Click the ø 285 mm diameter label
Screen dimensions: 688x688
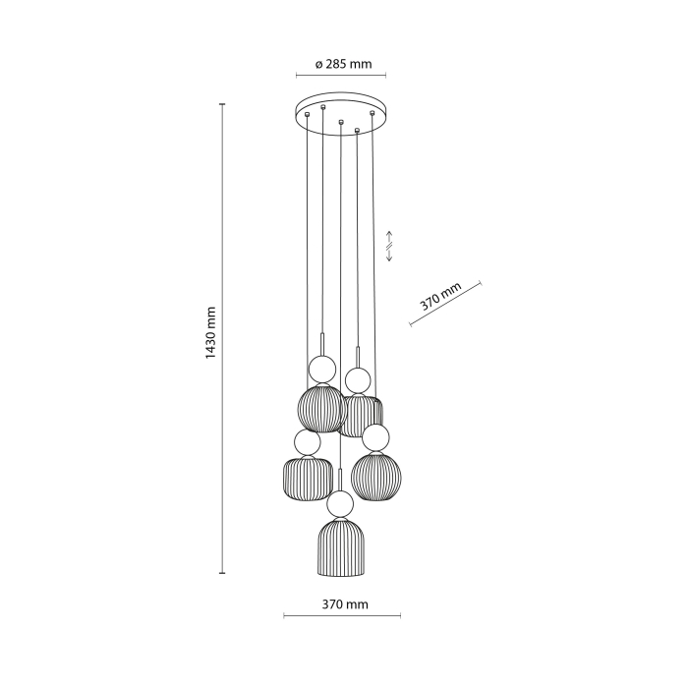[x=343, y=65]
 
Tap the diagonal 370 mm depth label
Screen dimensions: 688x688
[x=441, y=297]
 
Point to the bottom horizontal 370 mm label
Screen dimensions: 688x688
[x=342, y=604]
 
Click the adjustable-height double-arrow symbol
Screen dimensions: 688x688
[x=389, y=247]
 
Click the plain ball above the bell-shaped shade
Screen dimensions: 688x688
[x=341, y=505]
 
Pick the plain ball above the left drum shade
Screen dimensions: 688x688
[x=306, y=442]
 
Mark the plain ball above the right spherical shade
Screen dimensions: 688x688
[x=374, y=436]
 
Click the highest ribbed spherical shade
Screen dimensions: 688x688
[x=321, y=409]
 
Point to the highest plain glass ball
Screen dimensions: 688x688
[x=321, y=370]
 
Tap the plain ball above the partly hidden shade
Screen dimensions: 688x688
[x=357, y=379]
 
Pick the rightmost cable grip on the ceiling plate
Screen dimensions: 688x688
[x=373, y=115]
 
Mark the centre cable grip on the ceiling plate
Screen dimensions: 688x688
[x=340, y=122]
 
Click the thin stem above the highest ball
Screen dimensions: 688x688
[x=322, y=345]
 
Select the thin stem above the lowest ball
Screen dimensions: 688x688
[x=341, y=480]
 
